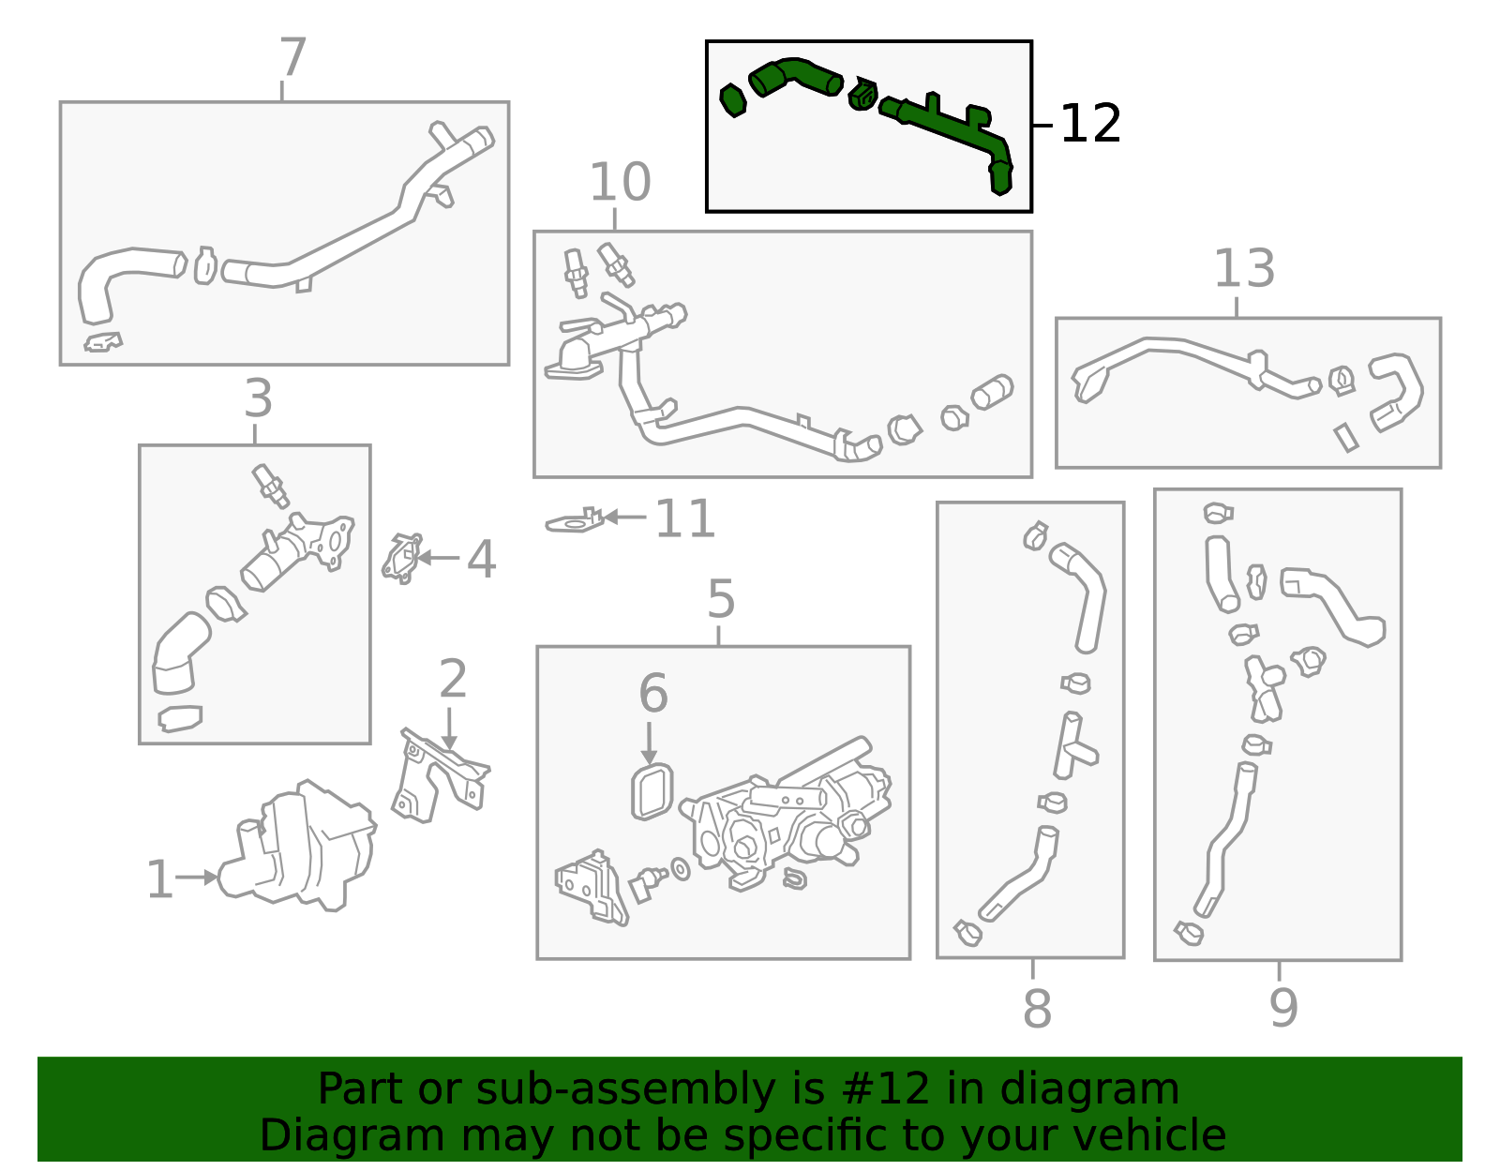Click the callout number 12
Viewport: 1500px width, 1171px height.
click(x=1090, y=124)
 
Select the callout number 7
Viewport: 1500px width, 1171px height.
click(x=292, y=57)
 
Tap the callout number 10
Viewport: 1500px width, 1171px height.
click(x=620, y=183)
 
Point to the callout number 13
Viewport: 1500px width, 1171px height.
click(x=1244, y=268)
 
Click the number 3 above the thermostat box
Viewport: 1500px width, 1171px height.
click(x=259, y=398)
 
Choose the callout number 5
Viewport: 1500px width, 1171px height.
click(x=721, y=599)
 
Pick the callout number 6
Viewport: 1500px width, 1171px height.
click(x=653, y=692)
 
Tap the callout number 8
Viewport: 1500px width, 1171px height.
click(x=1037, y=1008)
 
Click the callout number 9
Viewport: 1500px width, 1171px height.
click(x=1283, y=1008)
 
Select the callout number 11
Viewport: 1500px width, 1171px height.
click(x=684, y=518)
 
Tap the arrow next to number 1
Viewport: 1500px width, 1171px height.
click(x=197, y=877)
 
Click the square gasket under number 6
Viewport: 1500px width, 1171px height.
click(x=652, y=790)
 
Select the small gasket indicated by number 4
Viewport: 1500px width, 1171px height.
click(x=402, y=558)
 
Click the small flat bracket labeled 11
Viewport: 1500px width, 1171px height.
click(x=575, y=521)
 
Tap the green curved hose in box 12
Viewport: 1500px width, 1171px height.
click(x=795, y=77)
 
